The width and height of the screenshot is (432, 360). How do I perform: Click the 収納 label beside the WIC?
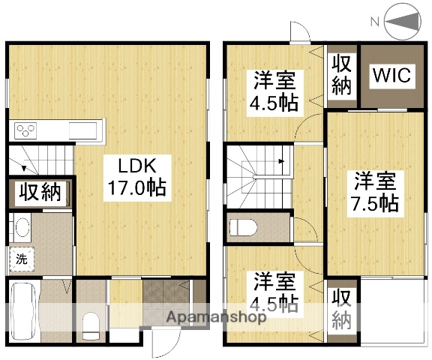pos(341,73)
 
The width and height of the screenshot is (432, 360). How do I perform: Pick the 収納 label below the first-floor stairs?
pos(40,193)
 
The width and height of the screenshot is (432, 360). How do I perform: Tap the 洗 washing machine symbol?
pos(21,259)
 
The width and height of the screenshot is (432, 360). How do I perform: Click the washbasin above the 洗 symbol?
pos(21,228)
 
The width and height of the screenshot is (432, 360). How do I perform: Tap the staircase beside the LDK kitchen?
pos(41,161)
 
